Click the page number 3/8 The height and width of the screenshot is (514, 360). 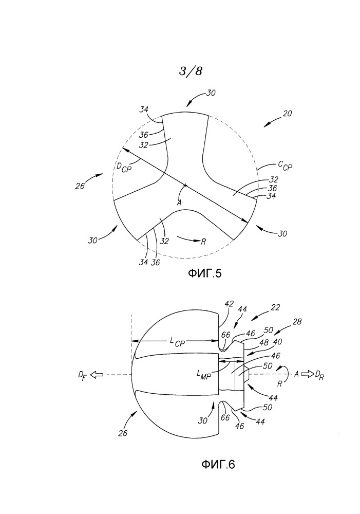pos(191,71)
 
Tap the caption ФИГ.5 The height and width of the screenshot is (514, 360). pos(204,273)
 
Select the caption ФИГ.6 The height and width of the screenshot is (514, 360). pos(218,464)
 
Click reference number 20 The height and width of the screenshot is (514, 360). pos(287,114)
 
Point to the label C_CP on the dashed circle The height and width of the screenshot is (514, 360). pos(285,165)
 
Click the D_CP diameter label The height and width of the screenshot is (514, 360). pos(123,167)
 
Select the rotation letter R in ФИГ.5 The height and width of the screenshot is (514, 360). pos(203,241)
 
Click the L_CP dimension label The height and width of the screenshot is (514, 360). pos(177,342)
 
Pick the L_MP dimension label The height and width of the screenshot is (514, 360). pos(204,374)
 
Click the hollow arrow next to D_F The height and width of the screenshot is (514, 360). pos(97,375)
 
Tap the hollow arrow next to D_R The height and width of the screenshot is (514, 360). pos(307,373)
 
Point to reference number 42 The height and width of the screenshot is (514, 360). pos(229,304)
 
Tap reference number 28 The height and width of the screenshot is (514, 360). pos(297,322)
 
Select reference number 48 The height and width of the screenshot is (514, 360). pos(263,343)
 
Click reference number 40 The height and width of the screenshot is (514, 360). pos(277,342)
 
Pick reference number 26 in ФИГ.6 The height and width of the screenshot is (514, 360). pos(123,433)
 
